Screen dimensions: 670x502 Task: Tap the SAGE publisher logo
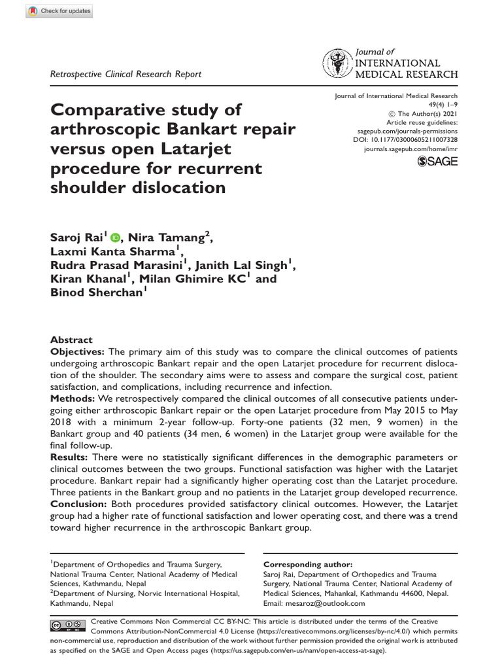point(437,162)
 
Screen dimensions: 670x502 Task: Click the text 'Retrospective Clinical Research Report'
point(126,74)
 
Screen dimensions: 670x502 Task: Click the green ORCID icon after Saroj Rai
point(116,238)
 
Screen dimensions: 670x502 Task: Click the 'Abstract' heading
point(72,340)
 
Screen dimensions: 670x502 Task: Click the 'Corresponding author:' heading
point(307,564)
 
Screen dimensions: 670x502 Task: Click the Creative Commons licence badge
point(67,626)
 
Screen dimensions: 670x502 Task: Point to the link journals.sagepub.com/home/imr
point(410,149)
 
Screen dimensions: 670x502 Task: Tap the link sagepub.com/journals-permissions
point(405,131)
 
